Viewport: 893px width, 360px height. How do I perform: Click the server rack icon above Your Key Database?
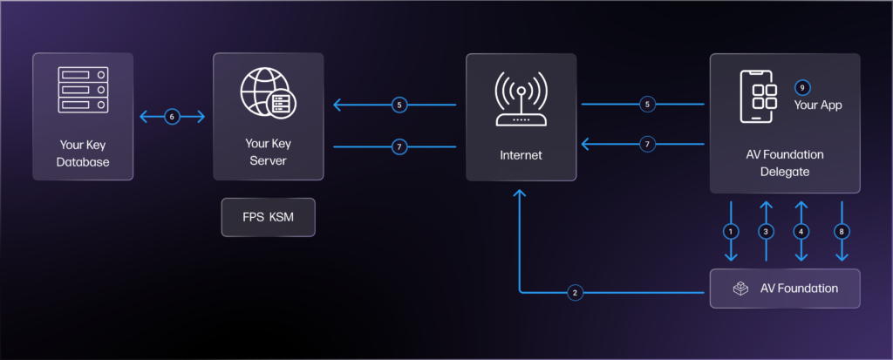(x=83, y=90)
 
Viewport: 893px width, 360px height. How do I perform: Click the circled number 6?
(x=172, y=116)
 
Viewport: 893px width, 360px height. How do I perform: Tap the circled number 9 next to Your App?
(x=802, y=87)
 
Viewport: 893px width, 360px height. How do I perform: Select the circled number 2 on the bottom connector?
(x=575, y=292)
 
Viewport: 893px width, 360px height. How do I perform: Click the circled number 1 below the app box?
(x=731, y=231)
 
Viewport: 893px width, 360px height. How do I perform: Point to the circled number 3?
(x=766, y=231)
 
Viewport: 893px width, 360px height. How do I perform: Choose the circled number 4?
(x=801, y=231)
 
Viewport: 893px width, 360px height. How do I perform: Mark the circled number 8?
(x=842, y=231)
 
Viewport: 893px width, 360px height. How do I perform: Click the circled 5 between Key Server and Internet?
(x=399, y=105)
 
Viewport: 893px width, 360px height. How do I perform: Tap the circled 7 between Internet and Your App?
(x=646, y=145)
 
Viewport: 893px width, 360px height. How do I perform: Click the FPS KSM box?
(x=268, y=217)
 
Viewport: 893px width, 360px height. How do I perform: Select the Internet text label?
(x=521, y=155)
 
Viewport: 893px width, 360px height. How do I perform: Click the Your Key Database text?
(x=83, y=154)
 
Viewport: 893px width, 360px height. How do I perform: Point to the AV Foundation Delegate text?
(x=785, y=163)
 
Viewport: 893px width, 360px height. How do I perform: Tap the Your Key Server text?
(x=268, y=154)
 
